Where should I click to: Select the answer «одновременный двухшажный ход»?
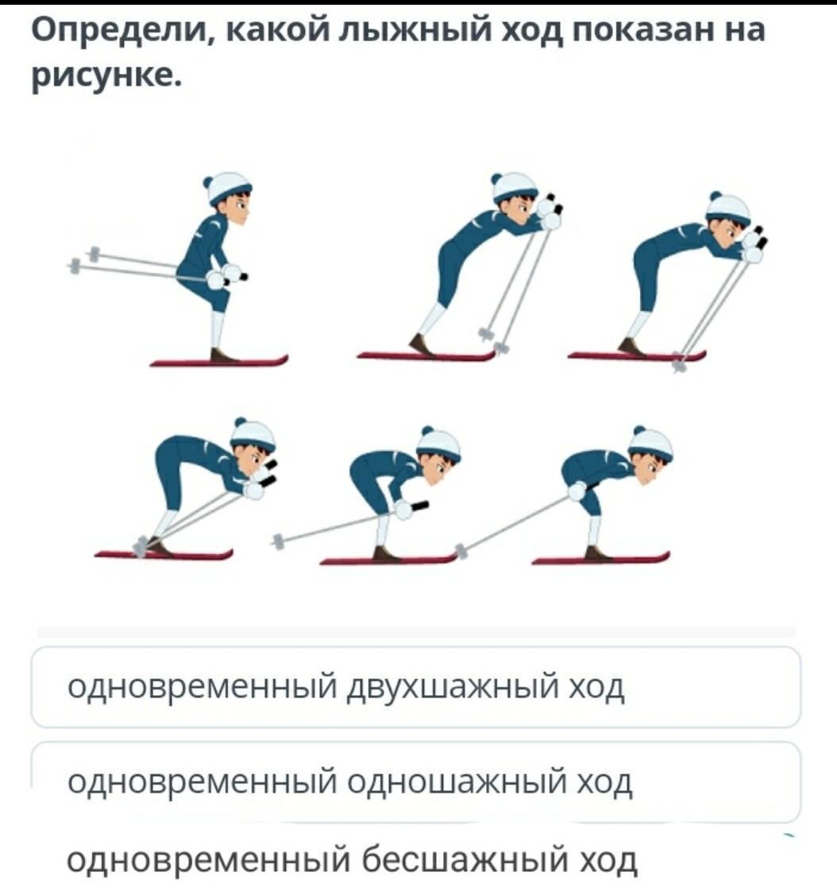(x=346, y=688)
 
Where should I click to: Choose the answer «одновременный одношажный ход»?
(x=350, y=782)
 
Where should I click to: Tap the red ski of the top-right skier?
(x=636, y=356)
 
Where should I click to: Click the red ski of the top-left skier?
(x=219, y=362)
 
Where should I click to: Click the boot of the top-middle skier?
(x=421, y=345)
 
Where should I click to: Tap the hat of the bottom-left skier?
(x=253, y=434)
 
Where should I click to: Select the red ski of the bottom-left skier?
(x=164, y=555)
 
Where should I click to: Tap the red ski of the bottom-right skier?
(x=600, y=559)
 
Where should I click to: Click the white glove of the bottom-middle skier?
(x=404, y=509)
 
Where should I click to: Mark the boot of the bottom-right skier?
(x=597, y=552)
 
